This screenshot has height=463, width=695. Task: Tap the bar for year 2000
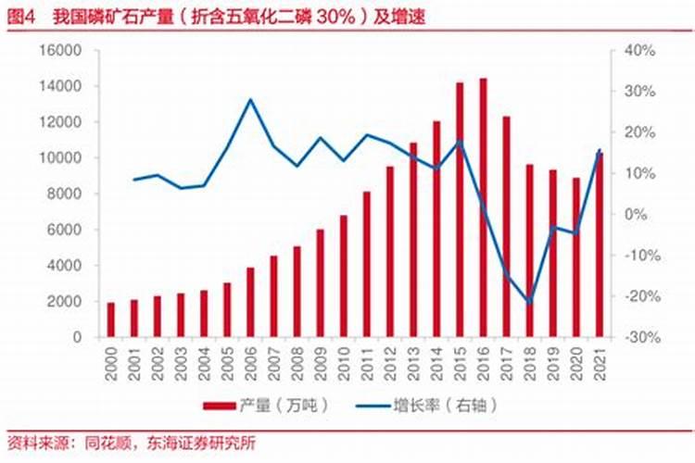111,319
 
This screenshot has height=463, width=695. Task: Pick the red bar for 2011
367,263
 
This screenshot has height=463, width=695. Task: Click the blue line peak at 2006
250,99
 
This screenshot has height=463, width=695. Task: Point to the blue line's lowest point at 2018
529,302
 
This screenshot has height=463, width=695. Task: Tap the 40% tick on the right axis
639,51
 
